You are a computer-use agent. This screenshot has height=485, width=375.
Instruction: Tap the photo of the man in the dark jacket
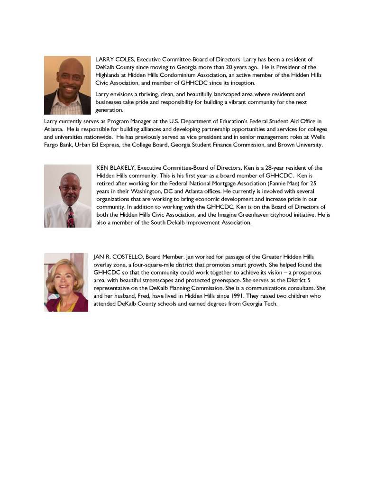click(67, 85)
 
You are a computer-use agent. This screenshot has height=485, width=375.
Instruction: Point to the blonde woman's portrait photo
click(66, 282)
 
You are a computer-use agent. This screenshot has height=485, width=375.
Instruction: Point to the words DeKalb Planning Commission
click(176, 288)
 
